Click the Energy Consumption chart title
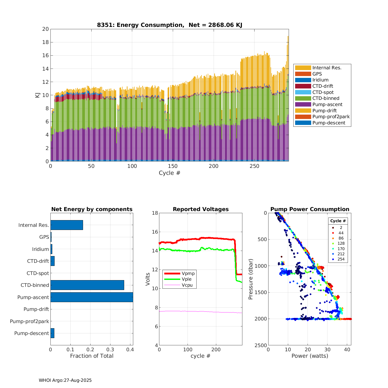[169, 25]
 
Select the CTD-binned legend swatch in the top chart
[303, 98]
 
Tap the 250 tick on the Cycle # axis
[254, 166]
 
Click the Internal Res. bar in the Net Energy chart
[67, 225]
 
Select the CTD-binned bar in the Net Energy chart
[87, 285]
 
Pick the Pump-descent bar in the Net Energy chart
[52, 333]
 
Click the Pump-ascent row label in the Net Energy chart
[33, 297]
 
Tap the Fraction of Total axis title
[92, 356]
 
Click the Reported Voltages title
[201, 209]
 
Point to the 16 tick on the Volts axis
[155, 232]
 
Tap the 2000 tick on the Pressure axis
[261, 319]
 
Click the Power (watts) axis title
[310, 356]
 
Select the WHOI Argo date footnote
[65, 380]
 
